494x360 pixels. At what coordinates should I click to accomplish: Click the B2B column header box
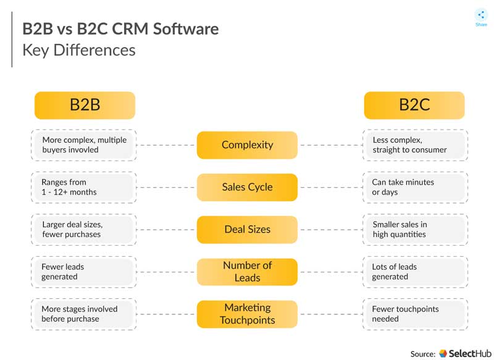coord(85,105)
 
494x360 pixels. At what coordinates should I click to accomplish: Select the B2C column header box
coord(414,105)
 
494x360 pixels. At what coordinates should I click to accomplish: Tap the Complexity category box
coord(248,145)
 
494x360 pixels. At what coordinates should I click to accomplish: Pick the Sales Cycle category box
coord(248,187)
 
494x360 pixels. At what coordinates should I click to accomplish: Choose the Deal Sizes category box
coord(248,229)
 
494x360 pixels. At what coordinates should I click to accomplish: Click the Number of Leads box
coord(248,272)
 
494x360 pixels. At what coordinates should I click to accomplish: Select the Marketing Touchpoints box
coord(248,314)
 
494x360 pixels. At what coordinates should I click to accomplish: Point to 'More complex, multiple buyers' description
coord(84,145)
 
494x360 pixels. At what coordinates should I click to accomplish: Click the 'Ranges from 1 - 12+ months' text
coord(69,187)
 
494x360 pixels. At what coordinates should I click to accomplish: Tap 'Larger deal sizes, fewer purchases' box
coord(84,230)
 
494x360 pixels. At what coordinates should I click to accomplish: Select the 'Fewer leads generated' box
coord(84,272)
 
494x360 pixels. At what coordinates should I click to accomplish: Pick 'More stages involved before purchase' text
coord(80,314)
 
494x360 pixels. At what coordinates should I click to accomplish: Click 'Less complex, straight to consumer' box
coord(415,145)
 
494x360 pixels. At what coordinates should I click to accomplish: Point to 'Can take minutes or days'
coord(403,187)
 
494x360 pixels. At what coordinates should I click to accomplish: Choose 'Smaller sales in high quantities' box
coord(415,230)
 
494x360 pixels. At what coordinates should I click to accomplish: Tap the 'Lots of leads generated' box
coord(415,272)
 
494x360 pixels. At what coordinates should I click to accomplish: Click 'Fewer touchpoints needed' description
coord(405,314)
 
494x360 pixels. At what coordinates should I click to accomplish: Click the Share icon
coord(481,15)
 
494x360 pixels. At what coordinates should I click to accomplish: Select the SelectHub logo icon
coord(443,353)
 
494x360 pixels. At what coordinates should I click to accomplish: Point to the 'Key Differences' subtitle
coord(79,51)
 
